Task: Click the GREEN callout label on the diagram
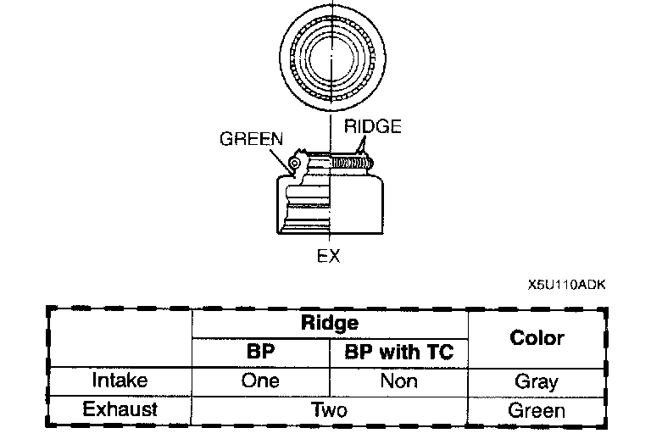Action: pyautogui.click(x=251, y=139)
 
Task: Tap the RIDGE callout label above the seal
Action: pyautogui.click(x=372, y=126)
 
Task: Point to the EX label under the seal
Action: pyautogui.click(x=328, y=255)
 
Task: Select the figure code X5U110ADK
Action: pyautogui.click(x=565, y=285)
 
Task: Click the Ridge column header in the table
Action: pyautogui.click(x=330, y=323)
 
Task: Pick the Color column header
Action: pyautogui.click(x=537, y=337)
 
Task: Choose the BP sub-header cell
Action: pyautogui.click(x=261, y=352)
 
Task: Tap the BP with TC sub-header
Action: pyautogui.click(x=398, y=352)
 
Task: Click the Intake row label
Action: pyautogui.click(x=120, y=381)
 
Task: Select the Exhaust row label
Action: pyautogui.click(x=120, y=409)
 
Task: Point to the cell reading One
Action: pyautogui.click(x=261, y=381)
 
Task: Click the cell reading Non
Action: pyautogui.click(x=398, y=381)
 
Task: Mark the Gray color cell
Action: pyautogui.click(x=537, y=381)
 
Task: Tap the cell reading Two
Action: pyautogui.click(x=330, y=410)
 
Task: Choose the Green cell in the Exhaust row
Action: pyautogui.click(x=537, y=410)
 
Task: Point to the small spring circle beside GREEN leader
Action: pyautogui.click(x=294, y=163)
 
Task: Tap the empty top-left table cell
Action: pyautogui.click(x=120, y=337)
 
